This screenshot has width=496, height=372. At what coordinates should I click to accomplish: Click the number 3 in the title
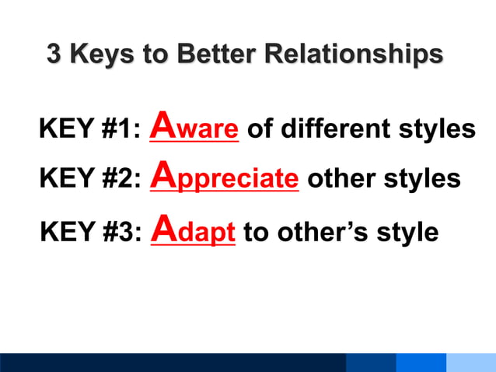pos(54,54)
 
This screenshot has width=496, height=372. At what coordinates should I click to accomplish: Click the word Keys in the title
pos(100,54)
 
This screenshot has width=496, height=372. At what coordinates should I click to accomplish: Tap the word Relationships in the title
pos(354,54)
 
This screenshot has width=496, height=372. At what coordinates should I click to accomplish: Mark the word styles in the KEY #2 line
pos(421,180)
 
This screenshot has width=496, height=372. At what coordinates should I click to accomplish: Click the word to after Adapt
pos(255,232)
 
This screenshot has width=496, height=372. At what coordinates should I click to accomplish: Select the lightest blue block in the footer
pos(471,363)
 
